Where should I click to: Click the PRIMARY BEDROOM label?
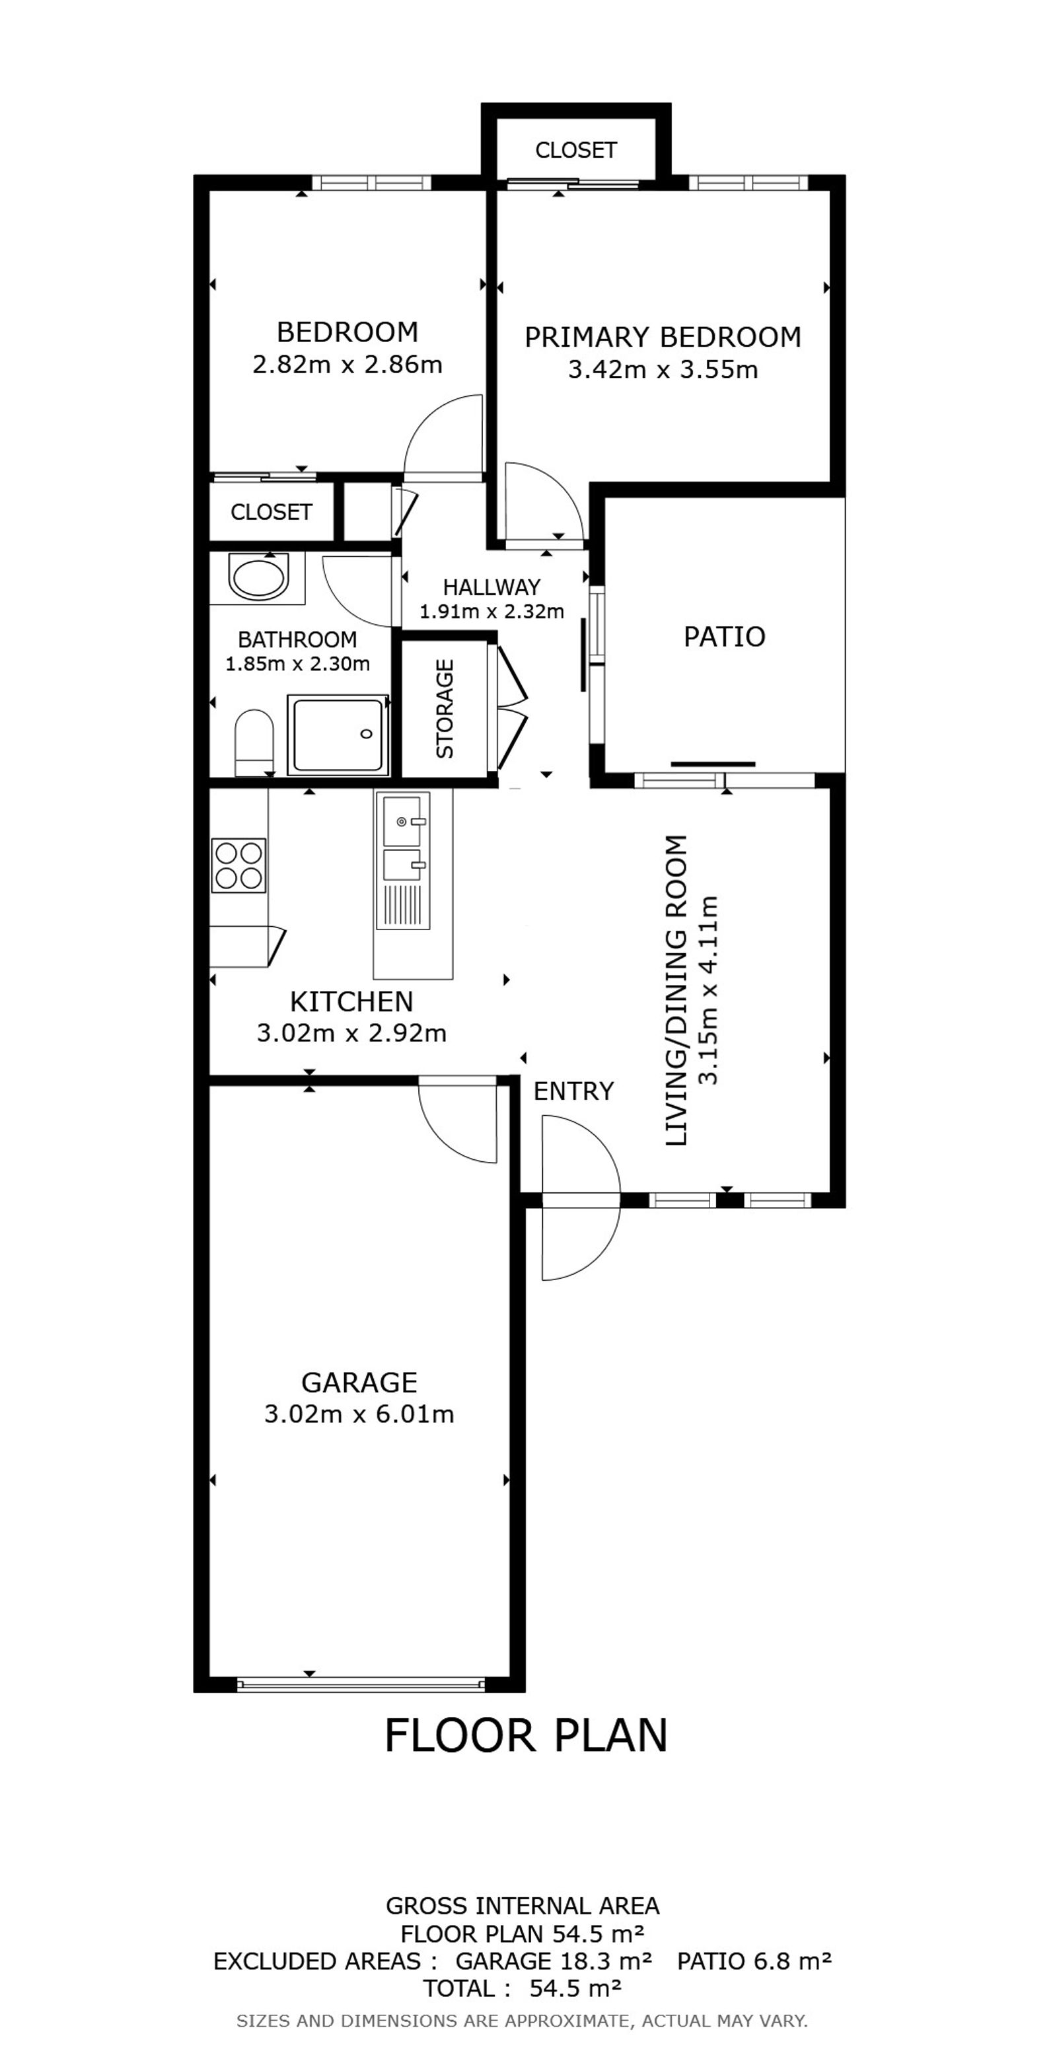tap(663, 338)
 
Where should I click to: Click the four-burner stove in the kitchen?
tap(238, 865)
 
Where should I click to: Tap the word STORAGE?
tap(445, 708)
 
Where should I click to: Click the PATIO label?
tap(725, 637)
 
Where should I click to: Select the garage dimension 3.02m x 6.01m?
tap(359, 1414)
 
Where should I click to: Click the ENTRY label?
tap(573, 1091)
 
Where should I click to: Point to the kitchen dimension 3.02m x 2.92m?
tap(352, 1034)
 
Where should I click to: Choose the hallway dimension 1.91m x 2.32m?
tap(492, 612)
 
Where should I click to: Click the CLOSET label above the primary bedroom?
tap(575, 150)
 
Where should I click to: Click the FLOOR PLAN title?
tap(526, 1736)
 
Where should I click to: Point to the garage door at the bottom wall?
tap(361, 1682)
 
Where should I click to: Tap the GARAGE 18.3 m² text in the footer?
tap(554, 1961)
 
